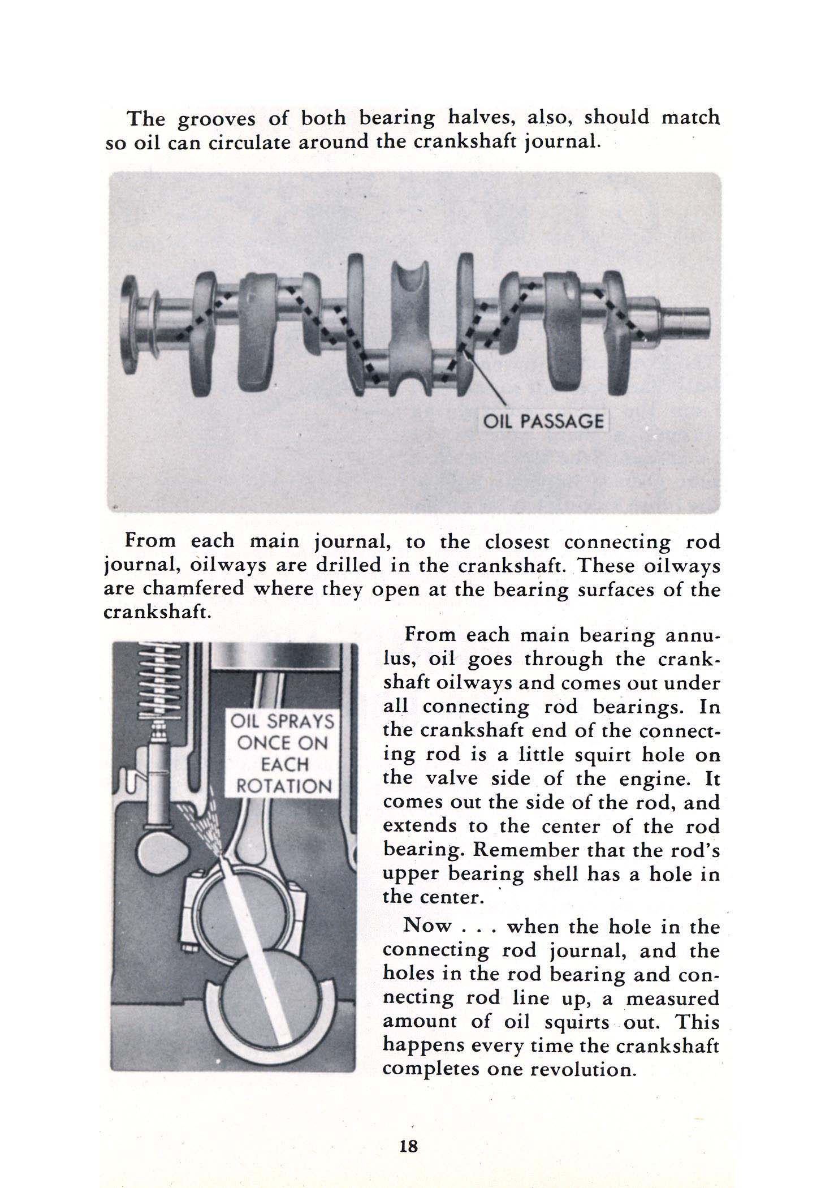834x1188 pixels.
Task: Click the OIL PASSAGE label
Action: pos(542,421)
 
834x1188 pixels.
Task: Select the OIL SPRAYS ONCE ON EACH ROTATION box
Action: pos(281,754)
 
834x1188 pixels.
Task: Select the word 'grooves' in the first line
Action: pos(215,119)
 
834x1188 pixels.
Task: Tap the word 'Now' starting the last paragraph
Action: pos(427,926)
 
